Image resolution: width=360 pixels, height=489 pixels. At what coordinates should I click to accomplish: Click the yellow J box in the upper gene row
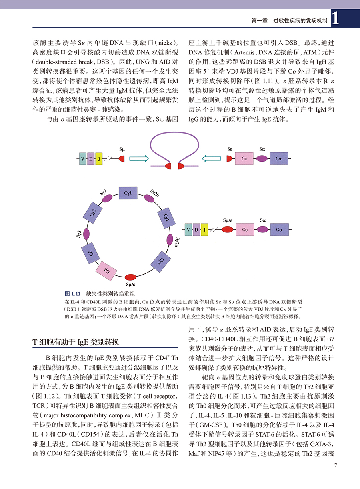99,158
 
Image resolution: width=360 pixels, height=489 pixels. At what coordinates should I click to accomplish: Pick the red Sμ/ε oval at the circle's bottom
131,277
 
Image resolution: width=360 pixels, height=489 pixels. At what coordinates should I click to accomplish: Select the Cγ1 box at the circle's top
128,194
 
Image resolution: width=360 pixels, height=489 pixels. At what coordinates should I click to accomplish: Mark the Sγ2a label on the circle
177,242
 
